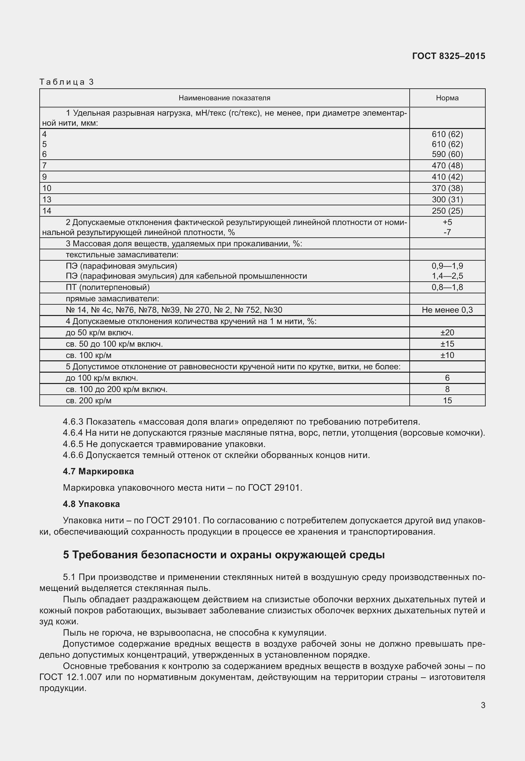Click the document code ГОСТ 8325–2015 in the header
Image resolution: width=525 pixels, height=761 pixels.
pos(448,56)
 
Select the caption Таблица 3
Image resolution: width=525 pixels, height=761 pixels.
pos(67,82)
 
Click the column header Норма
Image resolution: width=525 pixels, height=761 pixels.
pos(447,98)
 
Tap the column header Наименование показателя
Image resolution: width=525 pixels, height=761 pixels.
pos(224,98)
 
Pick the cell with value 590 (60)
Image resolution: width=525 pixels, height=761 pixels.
pos(447,154)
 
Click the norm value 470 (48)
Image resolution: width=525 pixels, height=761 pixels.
pos(447,166)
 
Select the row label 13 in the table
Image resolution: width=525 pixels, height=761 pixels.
pos(47,200)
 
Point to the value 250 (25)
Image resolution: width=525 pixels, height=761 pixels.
pos(447,211)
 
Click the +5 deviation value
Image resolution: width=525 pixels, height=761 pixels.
pos(447,222)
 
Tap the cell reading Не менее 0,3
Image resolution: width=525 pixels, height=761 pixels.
pos(447,310)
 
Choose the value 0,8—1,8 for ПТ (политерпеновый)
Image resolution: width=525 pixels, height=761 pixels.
pos(447,287)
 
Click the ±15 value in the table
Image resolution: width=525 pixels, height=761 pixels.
pos(447,344)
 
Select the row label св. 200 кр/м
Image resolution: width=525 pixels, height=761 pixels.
pos(88,401)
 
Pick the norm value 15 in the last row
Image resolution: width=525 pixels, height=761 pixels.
pos(447,401)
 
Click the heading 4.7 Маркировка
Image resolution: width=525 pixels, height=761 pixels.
pos(98,471)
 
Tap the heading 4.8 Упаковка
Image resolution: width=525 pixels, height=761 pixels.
pos(91,504)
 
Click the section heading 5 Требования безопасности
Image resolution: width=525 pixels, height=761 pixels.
pos(224,555)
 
